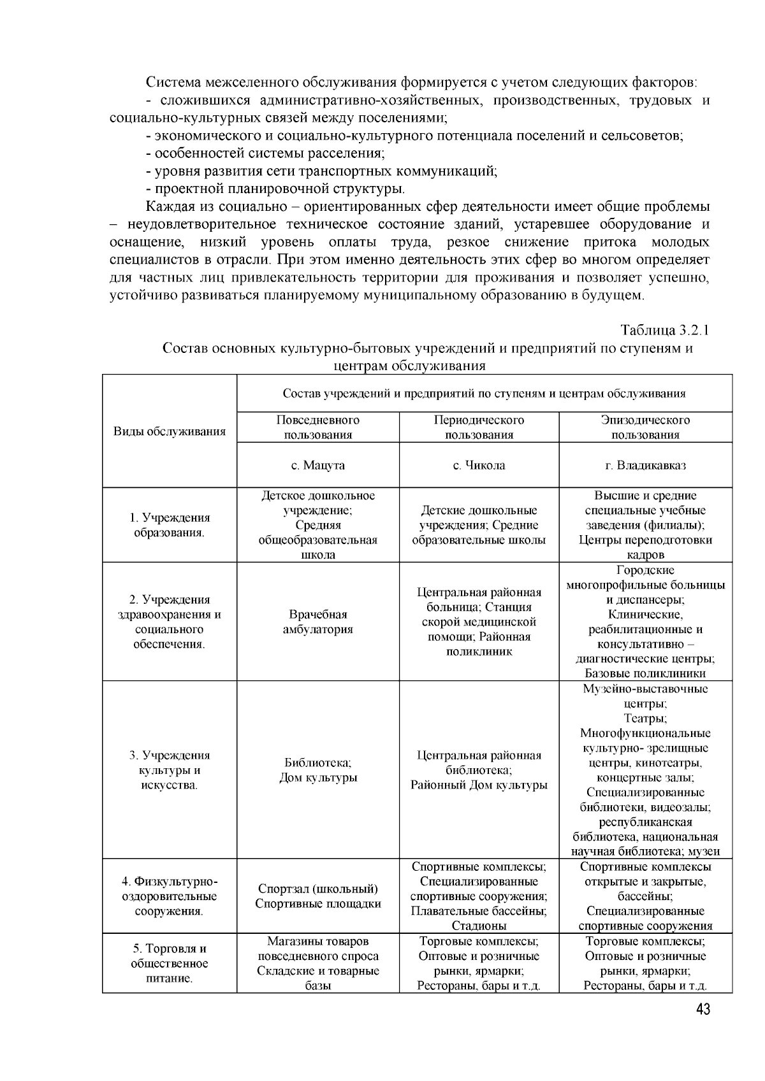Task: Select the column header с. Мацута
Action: tap(317, 466)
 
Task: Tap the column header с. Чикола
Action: tap(479, 466)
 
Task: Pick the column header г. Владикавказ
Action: tap(645, 466)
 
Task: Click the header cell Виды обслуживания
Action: tap(170, 431)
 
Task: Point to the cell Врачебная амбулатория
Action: tap(317, 622)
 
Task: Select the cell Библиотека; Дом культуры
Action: tap(317, 770)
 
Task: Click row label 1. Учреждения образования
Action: tap(170, 525)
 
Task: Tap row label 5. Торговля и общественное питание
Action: tap(170, 963)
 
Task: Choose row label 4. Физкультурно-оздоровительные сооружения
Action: tap(170, 896)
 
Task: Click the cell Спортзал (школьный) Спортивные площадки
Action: tap(317, 896)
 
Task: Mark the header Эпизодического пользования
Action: tap(645, 427)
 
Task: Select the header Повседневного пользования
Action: tap(317, 427)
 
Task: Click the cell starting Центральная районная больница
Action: tap(479, 622)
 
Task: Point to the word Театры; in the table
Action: tap(645, 719)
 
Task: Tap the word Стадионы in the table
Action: tap(479, 926)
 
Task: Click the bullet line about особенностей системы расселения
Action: tap(265, 154)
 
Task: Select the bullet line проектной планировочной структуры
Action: tap(275, 189)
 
